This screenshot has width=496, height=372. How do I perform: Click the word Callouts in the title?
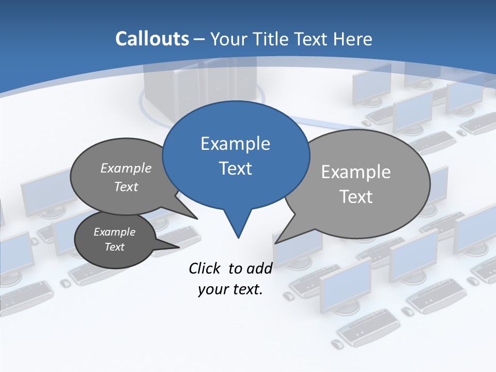tap(152, 39)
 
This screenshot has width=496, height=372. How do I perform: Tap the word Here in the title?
tap(352, 39)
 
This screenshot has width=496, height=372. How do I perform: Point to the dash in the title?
tap(199, 39)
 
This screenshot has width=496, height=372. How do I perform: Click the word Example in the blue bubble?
tap(235, 143)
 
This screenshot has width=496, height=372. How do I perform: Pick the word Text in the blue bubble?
tap(236, 168)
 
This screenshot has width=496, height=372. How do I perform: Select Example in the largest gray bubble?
tap(355, 172)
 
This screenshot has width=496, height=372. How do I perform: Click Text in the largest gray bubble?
tap(355, 196)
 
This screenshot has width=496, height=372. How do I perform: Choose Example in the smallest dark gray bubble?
tap(114, 232)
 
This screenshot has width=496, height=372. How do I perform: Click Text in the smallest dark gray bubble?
tap(114, 247)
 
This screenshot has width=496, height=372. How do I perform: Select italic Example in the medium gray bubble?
tap(126, 168)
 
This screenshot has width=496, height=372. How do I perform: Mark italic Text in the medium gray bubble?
tap(126, 187)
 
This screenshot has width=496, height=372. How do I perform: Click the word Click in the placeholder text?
tap(204, 268)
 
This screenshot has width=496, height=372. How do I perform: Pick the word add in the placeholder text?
tap(259, 268)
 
